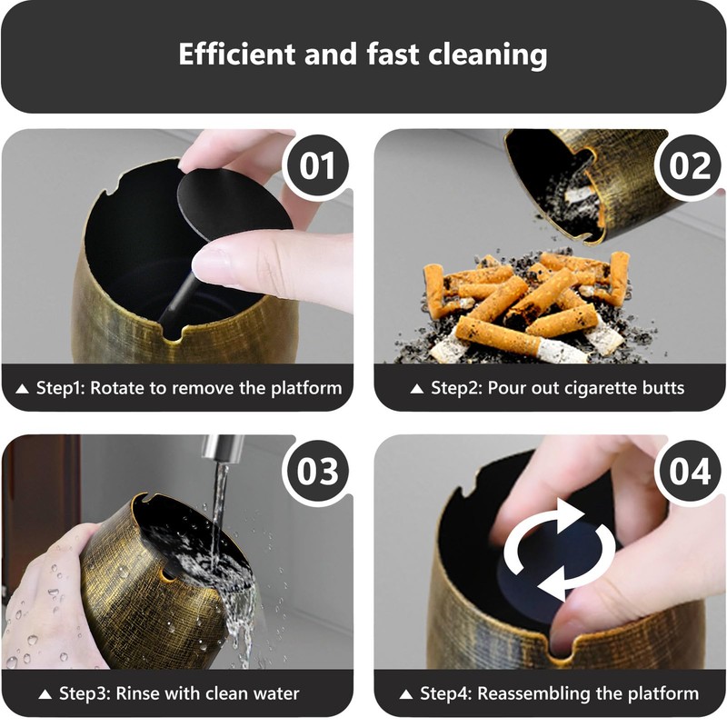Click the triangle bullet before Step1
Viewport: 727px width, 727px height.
pyautogui.click(x=24, y=389)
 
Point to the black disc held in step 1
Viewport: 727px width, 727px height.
pyautogui.click(x=223, y=204)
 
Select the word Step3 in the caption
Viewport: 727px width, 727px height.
pyautogui.click(x=84, y=693)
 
